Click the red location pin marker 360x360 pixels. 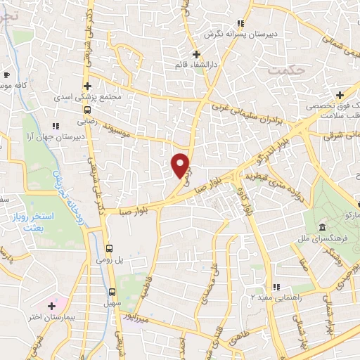point(181,165)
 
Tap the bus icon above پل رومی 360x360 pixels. point(109,248)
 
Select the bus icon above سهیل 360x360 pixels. point(112,292)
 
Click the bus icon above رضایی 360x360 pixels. point(87,110)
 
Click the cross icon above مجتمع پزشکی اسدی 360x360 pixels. point(86,84)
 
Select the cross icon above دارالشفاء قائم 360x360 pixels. point(197,54)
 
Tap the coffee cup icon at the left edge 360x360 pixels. point(6,75)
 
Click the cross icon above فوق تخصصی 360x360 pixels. point(340,94)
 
